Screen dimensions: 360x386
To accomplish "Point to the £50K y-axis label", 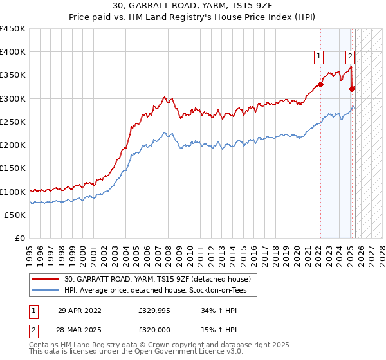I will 15,215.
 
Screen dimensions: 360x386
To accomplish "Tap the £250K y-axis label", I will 13,122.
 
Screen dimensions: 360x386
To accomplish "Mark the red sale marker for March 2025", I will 352,89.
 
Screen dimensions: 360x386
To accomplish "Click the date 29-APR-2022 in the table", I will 79,310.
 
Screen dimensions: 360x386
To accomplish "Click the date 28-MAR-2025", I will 79,330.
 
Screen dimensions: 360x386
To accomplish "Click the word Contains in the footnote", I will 45,346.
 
